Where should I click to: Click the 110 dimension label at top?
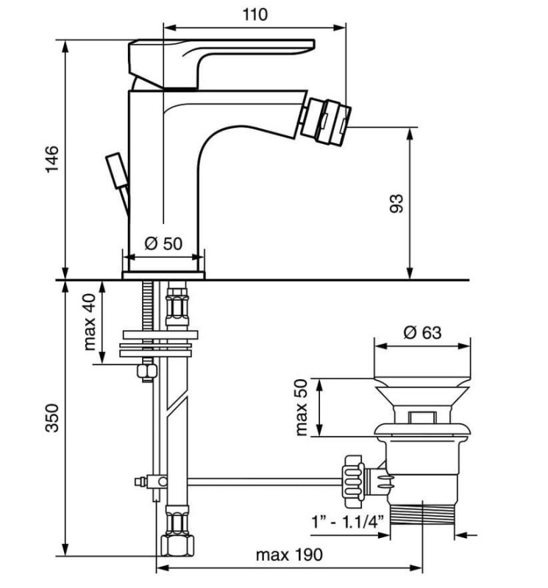(255, 15)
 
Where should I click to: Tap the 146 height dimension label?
(52, 159)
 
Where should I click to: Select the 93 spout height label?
(396, 204)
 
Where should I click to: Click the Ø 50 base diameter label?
(163, 243)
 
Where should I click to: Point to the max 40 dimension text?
(90, 322)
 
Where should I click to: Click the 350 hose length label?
(52, 418)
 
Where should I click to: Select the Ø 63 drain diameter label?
(422, 332)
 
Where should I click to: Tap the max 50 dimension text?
(301, 407)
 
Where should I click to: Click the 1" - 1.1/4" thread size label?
(348, 521)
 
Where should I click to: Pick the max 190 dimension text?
(289, 555)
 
